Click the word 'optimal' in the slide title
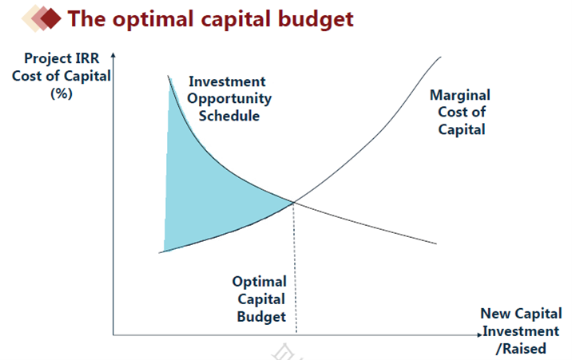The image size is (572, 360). [x=153, y=20]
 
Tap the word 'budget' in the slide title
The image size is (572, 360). [x=316, y=20]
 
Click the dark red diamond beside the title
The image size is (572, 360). [x=50, y=18]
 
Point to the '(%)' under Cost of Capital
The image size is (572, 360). [x=62, y=93]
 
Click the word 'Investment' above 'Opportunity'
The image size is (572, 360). [x=227, y=81]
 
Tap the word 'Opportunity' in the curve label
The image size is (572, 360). [x=229, y=99]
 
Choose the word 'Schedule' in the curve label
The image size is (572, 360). [x=229, y=116]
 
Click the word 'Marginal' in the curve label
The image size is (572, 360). [x=460, y=96]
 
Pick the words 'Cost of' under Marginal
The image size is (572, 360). [x=462, y=112]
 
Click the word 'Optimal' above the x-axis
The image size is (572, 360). [x=260, y=282]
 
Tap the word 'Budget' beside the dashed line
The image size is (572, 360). [x=261, y=317]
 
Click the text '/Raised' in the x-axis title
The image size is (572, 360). [x=521, y=349]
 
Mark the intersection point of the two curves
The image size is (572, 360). [x=294, y=202]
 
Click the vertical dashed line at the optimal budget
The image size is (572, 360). [x=295, y=268]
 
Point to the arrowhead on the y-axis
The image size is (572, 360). [x=113, y=55]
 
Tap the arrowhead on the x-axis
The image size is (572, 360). [x=479, y=334]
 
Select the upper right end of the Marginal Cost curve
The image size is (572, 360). [x=440, y=57]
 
